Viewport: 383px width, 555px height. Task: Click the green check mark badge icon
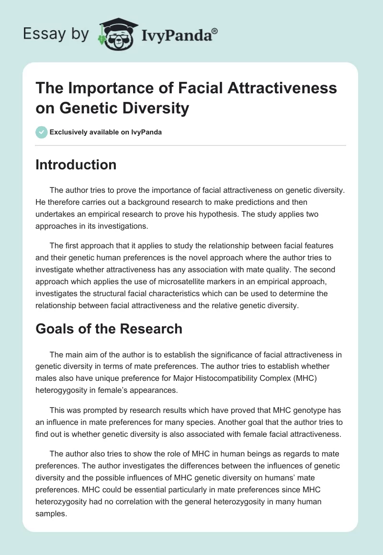click(x=42, y=132)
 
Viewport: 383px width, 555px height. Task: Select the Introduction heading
click(x=76, y=165)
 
